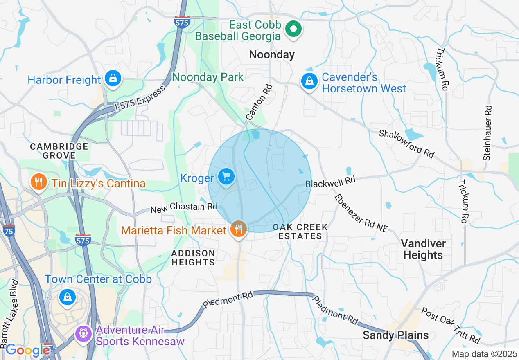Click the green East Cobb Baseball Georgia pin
(x=293, y=29)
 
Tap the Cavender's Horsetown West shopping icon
(x=310, y=81)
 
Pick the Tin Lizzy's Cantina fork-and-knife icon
(x=39, y=182)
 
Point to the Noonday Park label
(x=208, y=77)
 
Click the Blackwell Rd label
(x=330, y=181)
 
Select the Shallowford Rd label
(x=406, y=144)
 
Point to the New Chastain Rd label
(x=184, y=208)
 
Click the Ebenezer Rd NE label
(x=361, y=214)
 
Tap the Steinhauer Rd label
(x=487, y=133)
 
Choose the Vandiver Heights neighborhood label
(x=423, y=250)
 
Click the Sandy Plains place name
(x=396, y=335)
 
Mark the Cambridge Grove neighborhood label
(x=59, y=151)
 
